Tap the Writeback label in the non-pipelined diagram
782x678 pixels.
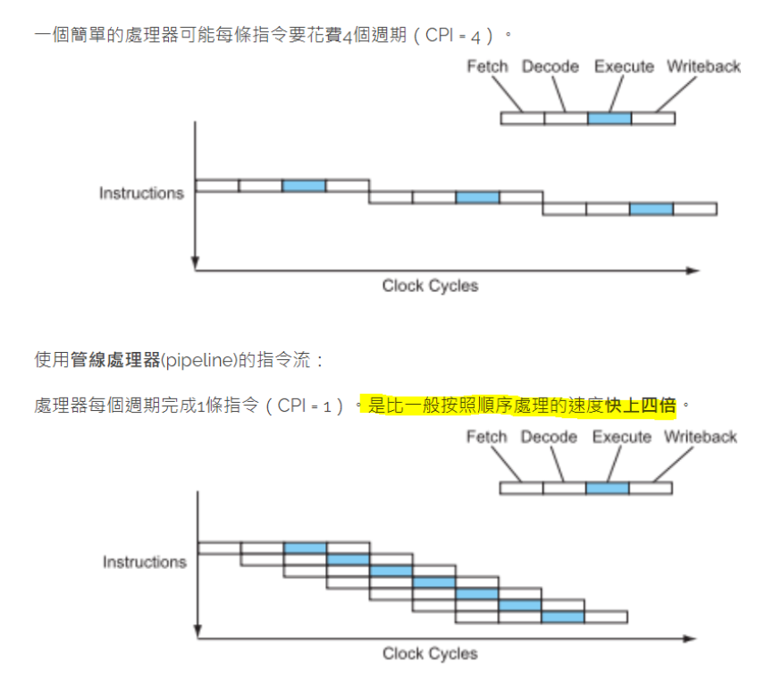(703, 67)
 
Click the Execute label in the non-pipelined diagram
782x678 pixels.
(624, 67)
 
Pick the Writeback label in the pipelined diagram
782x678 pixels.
(700, 437)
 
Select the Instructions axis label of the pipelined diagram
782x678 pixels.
(144, 562)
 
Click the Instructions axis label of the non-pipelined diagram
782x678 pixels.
(141, 193)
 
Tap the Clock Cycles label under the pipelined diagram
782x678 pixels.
(430, 654)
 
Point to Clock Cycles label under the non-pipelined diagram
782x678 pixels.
(430, 286)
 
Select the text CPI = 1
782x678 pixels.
(309, 406)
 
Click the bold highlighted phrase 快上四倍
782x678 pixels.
(640, 406)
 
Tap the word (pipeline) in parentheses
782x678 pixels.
(196, 360)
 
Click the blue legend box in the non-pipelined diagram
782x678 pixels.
(610, 118)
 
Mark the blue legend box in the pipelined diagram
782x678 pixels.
(608, 488)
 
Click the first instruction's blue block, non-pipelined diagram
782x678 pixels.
(304, 186)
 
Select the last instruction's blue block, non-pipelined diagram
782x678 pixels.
(651, 209)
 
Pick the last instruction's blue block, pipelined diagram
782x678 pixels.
(563, 616)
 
